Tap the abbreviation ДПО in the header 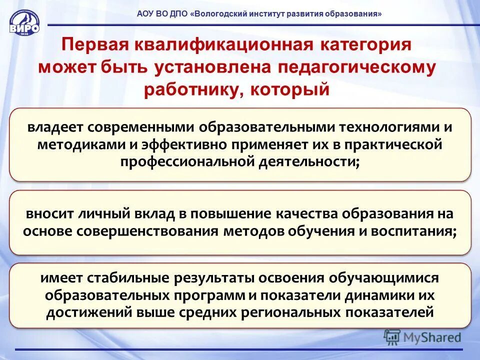(176, 14)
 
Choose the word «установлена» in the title (209, 67)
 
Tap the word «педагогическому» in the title (355, 67)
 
